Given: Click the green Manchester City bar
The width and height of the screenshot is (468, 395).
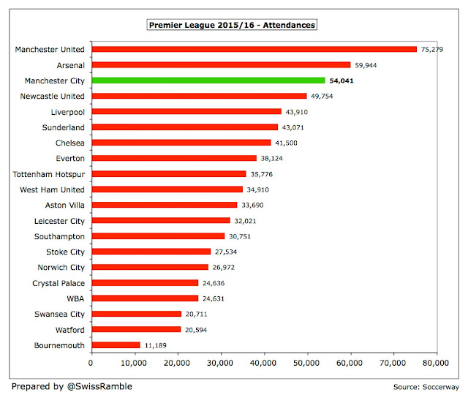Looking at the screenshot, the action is click(x=208, y=80).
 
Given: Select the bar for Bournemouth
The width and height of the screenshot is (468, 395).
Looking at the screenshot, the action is click(x=116, y=345).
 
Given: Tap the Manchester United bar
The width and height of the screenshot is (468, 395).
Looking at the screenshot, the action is click(x=254, y=49).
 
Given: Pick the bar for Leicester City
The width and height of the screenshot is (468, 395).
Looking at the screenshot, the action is click(x=161, y=220).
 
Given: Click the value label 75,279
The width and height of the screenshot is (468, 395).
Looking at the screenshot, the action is click(x=432, y=49).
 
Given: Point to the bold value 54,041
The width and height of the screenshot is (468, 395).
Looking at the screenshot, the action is click(x=341, y=80).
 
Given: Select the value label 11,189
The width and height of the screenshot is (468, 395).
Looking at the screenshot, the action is click(x=156, y=345).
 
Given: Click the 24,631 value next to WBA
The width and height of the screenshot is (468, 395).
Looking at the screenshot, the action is click(x=214, y=298).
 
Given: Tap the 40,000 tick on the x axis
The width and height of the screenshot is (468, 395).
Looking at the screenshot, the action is click(x=263, y=363).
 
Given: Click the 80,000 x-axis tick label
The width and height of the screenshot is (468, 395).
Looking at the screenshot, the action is click(x=436, y=363).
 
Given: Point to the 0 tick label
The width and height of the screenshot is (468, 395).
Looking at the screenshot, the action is click(x=91, y=363).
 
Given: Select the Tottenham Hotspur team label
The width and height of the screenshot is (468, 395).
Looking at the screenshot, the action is click(x=49, y=174).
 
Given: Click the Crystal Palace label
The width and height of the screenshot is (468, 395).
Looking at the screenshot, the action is click(x=58, y=283).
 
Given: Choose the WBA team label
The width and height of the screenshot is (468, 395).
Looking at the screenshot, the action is click(x=75, y=298).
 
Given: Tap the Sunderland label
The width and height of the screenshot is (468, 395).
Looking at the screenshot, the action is click(x=64, y=127).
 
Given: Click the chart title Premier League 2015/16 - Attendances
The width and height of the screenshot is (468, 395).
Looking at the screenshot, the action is click(x=232, y=25).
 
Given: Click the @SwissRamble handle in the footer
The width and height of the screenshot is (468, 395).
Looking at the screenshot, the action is click(x=99, y=386).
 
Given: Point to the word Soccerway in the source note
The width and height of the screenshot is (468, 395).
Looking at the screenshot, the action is click(x=441, y=387).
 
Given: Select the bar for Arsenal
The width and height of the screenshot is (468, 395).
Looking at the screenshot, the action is click(x=221, y=65).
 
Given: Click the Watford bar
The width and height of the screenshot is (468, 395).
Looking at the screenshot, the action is click(x=137, y=329).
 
